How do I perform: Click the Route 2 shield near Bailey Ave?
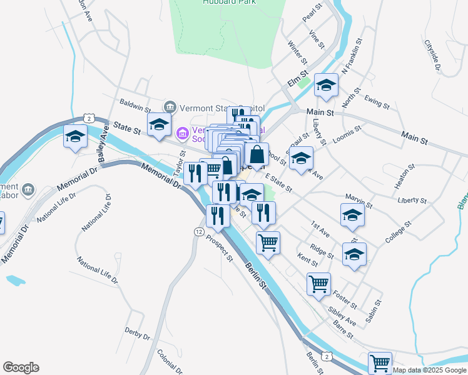(x=90, y=117)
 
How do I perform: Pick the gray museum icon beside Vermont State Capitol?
(x=170, y=107)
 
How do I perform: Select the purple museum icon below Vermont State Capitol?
(x=183, y=133)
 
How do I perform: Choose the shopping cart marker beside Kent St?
(x=268, y=241)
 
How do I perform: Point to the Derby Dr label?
(x=137, y=332)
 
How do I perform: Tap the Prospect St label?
(x=221, y=249)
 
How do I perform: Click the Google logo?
(x=21, y=367)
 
